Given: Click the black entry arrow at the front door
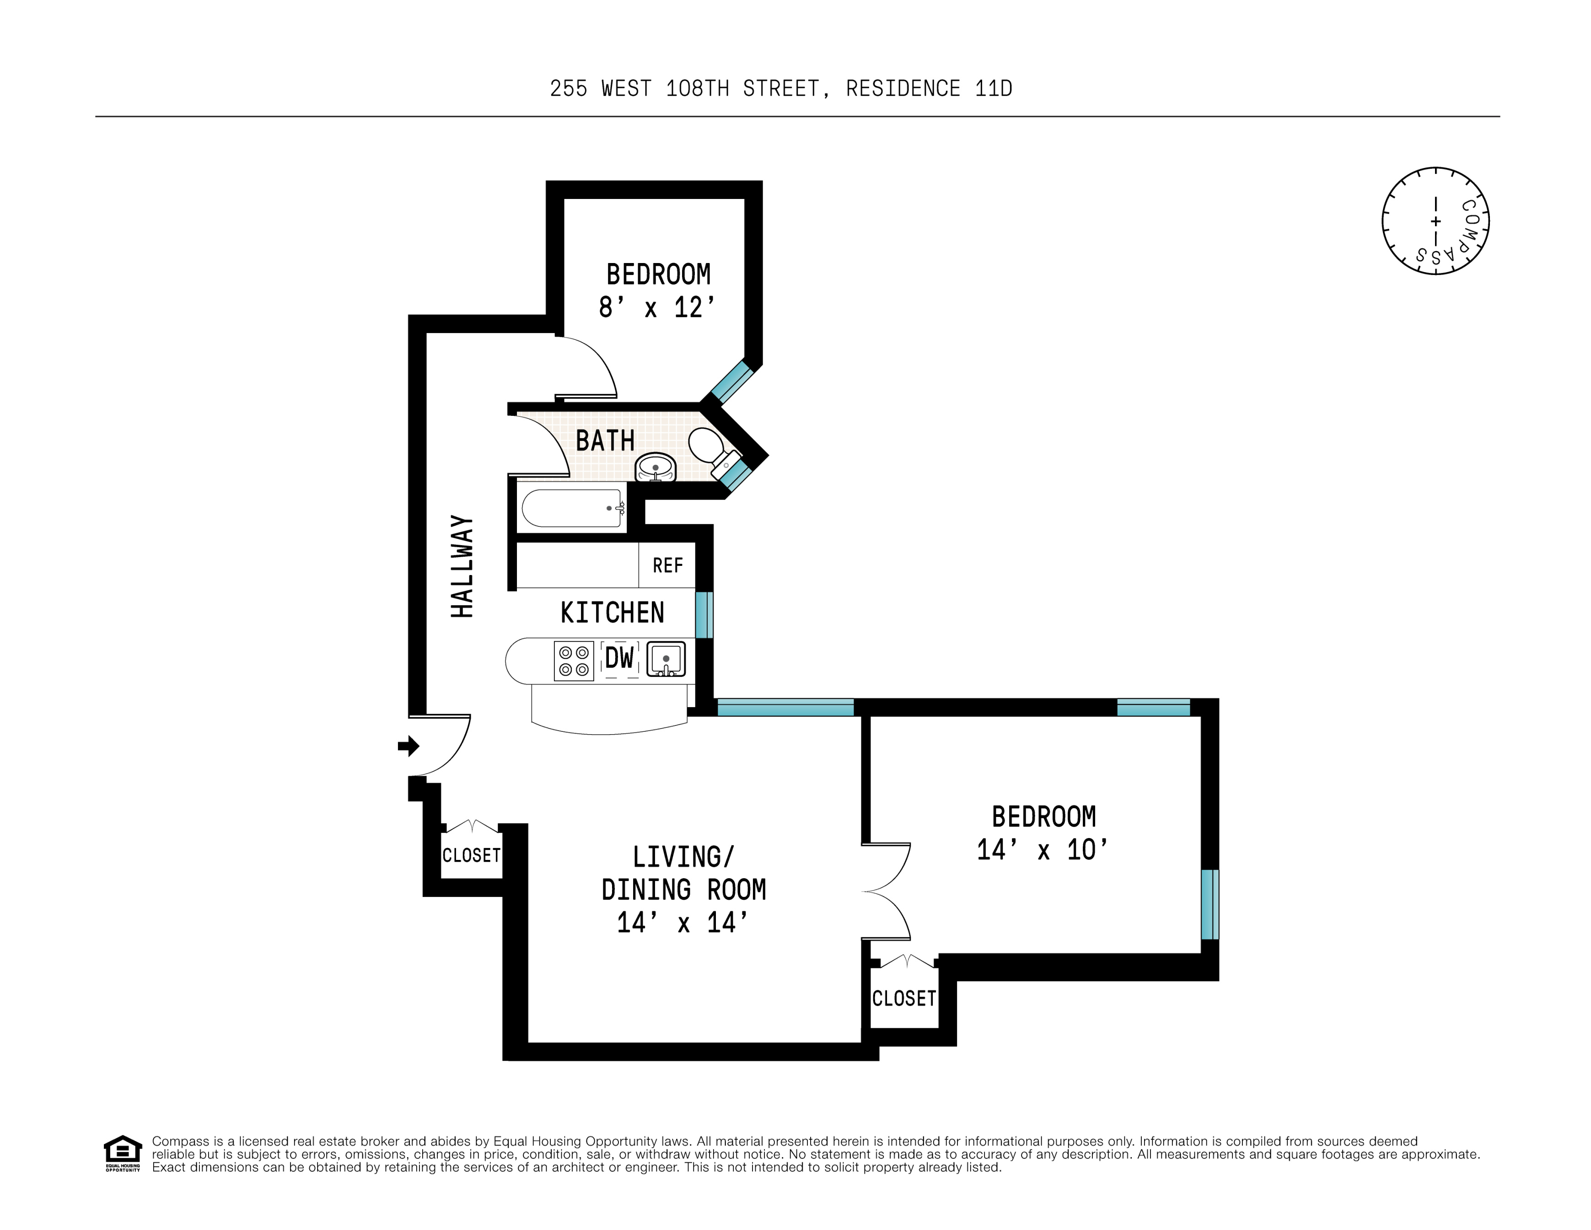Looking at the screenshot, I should pyautogui.click(x=408, y=746).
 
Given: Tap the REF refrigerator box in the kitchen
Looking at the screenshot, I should pyautogui.click(x=667, y=565).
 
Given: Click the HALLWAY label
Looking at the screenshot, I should pyautogui.click(x=462, y=567).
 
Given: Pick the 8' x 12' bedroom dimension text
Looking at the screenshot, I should pyautogui.click(x=657, y=308).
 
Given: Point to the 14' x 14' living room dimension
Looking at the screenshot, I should pyautogui.click(x=683, y=923).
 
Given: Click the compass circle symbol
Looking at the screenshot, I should pyautogui.click(x=1435, y=220).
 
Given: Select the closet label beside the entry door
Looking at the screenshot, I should pyautogui.click(x=471, y=855).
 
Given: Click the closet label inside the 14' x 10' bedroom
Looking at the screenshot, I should pyautogui.click(x=904, y=998).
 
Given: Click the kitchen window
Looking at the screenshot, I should pyautogui.click(x=704, y=615).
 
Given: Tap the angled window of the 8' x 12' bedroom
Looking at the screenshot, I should pyautogui.click(x=732, y=381).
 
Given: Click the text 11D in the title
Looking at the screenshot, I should pyautogui.click(x=993, y=89).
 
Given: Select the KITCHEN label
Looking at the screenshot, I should pyautogui.click(x=612, y=612).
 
